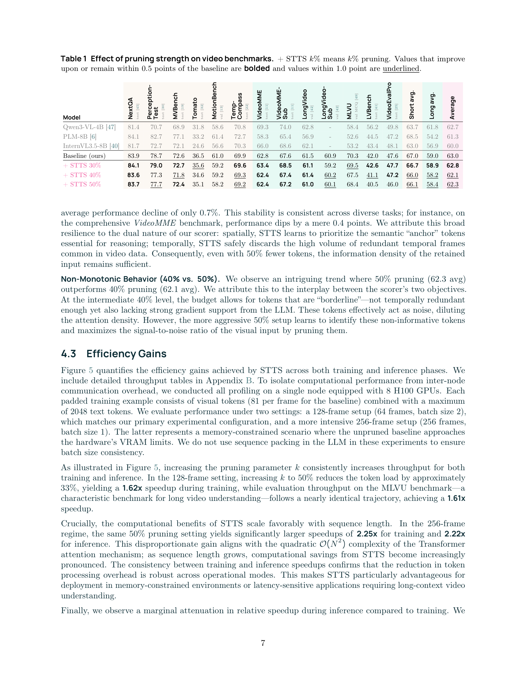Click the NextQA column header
[x=131, y=108]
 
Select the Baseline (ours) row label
[x=84, y=156]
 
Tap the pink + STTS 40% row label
[x=82, y=175]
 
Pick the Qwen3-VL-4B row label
[x=89, y=127]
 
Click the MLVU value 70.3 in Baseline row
[x=352, y=156]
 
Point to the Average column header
[x=452, y=108]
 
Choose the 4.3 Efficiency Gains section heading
[x=114, y=354]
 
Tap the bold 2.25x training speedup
[x=367, y=534]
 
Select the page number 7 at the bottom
[x=263, y=643]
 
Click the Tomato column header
[x=195, y=108]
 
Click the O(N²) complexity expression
[x=333, y=544]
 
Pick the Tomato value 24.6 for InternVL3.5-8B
[x=198, y=146]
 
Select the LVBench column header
[x=369, y=107]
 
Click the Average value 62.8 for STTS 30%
[x=452, y=165]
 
